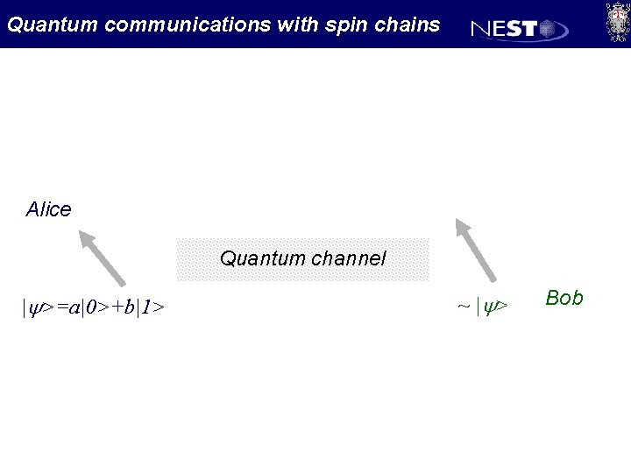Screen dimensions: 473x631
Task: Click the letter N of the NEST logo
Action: pyautogui.click(x=481, y=30)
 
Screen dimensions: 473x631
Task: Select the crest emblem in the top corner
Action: pyautogui.click(x=615, y=22)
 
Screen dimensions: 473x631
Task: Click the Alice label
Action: pyautogui.click(x=49, y=209)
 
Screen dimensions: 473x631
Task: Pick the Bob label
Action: pyautogui.click(x=564, y=298)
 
